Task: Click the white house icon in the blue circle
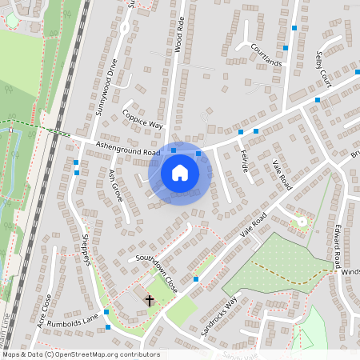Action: (180, 173)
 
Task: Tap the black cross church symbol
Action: (150, 300)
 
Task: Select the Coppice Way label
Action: (142, 120)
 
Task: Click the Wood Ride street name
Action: (179, 34)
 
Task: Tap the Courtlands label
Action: (266, 54)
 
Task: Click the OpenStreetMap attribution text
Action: (80, 354)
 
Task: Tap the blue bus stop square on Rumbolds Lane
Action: (106, 312)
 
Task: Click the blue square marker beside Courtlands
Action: (295, 28)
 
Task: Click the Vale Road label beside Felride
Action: (282, 174)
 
